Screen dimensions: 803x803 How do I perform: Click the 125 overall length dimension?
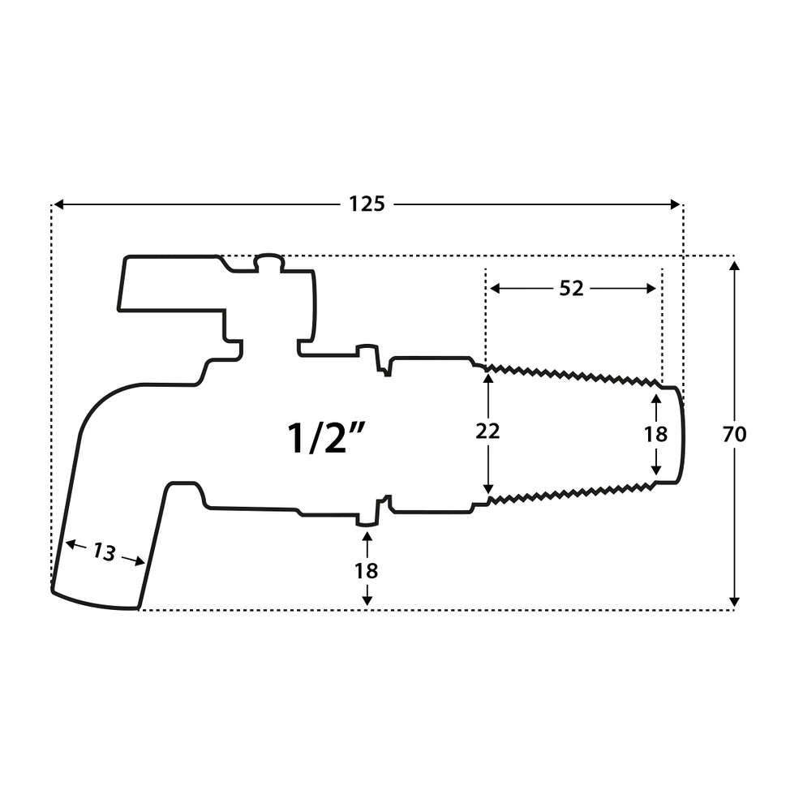point(367,204)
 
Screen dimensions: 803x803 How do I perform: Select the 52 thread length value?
point(571,289)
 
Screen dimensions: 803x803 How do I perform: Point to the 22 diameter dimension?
point(487,432)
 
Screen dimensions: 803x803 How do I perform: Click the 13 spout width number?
point(104,552)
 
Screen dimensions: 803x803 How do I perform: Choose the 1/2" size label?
point(328,439)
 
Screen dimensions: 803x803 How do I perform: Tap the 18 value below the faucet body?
point(367,570)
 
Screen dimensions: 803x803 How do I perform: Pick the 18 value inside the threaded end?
point(655,434)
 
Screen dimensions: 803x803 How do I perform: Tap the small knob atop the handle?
point(268,261)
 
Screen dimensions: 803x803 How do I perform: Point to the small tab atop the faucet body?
point(368,351)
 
